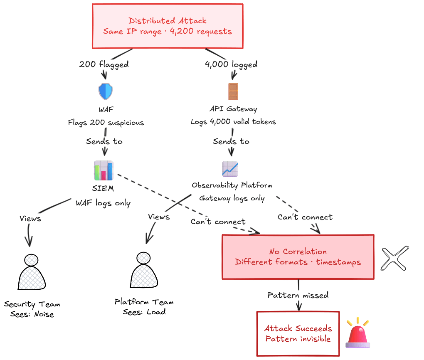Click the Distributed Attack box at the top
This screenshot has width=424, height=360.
[x=167, y=26]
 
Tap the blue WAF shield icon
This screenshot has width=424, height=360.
[x=105, y=91]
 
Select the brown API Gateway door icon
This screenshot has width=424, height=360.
[x=233, y=91]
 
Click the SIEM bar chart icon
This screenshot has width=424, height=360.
[x=104, y=170]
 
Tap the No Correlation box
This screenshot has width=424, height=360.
[x=298, y=256]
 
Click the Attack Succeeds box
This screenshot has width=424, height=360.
[x=298, y=333]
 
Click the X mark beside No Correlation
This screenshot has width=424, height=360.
[x=394, y=259]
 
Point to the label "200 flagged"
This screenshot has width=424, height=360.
[x=104, y=64]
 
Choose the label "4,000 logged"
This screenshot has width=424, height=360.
[x=231, y=64]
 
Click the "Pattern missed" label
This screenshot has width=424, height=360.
[x=298, y=295]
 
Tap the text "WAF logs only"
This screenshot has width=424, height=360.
[x=103, y=203]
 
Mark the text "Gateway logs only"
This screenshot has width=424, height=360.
[x=232, y=198]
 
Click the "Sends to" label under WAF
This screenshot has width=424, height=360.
[x=104, y=141]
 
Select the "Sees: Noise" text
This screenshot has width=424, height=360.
[x=32, y=314]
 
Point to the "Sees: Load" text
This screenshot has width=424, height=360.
[x=144, y=312]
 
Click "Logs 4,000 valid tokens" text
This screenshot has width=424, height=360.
[x=233, y=122]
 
